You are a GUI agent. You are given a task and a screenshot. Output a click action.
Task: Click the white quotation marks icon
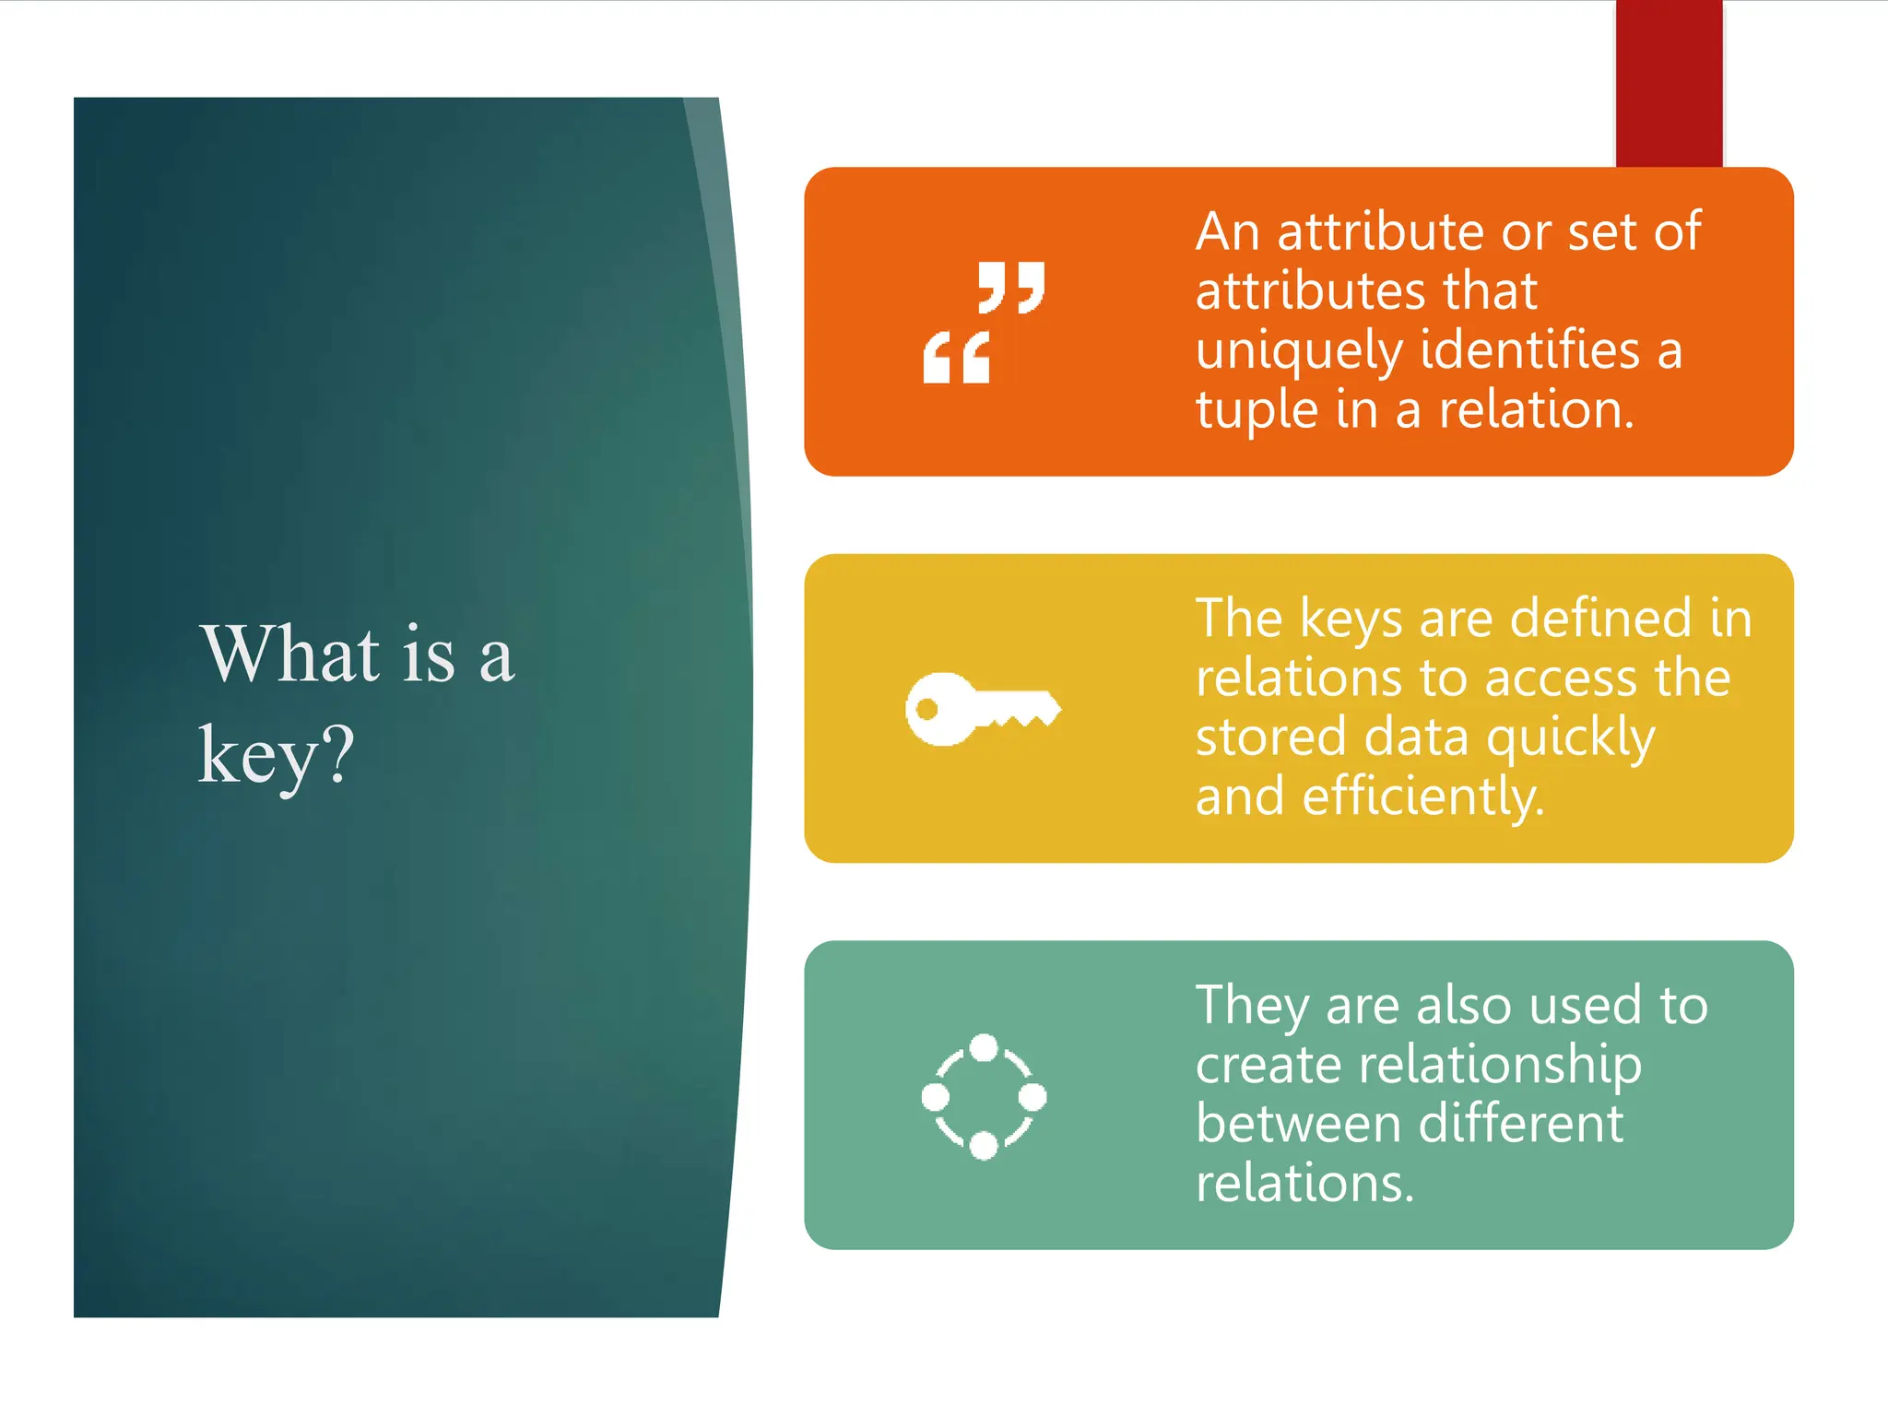[x=984, y=322]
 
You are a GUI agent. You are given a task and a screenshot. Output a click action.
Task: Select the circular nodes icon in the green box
[x=984, y=1096]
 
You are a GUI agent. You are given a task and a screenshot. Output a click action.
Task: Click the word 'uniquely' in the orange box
[x=1299, y=352]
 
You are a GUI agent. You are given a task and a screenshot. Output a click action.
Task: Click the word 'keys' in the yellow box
[x=1351, y=619]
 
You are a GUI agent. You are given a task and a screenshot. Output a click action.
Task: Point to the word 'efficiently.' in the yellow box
[x=1422, y=797]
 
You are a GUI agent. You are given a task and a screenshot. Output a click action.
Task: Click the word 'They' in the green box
[x=1252, y=1007]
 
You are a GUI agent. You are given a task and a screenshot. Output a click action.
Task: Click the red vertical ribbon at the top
[x=1669, y=83]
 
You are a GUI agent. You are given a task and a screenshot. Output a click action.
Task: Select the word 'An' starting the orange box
[x=1227, y=231]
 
